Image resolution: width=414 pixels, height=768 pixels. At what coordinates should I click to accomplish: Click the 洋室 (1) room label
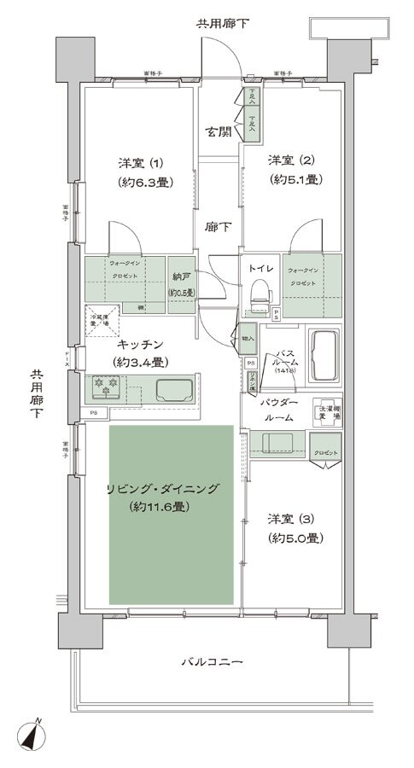tap(142, 162)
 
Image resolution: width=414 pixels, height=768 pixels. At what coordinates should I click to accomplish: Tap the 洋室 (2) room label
tap(290, 160)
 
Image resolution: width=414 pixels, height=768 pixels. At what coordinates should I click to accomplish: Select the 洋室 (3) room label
tap(290, 518)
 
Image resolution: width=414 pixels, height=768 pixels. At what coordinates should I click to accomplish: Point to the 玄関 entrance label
tap(217, 132)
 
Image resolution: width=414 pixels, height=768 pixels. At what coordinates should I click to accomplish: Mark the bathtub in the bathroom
tap(326, 351)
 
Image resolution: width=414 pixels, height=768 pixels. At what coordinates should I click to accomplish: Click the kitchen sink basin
tap(176, 390)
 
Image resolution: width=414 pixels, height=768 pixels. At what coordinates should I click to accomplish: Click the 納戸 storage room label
tap(180, 277)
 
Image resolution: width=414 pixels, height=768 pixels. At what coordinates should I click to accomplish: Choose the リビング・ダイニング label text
tap(163, 488)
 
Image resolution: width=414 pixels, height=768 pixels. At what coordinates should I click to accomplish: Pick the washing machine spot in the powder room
tap(329, 411)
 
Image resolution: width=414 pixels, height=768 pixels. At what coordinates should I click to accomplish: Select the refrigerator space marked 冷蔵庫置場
tap(101, 319)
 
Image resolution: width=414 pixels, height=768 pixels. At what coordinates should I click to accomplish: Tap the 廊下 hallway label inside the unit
tap(217, 228)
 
